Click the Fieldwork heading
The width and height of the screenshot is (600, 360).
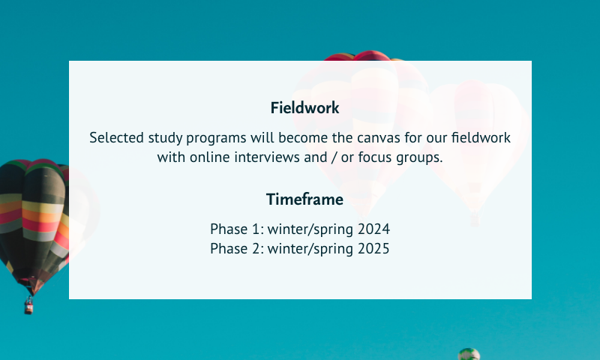tap(304, 108)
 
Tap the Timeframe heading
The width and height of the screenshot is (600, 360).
tap(304, 199)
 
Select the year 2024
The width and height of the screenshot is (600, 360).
tap(373, 229)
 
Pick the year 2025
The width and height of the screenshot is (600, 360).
tap(373, 249)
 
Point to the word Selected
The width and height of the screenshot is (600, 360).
tap(117, 137)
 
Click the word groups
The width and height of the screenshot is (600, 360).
tap(419, 158)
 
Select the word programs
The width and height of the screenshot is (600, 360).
tap(216, 139)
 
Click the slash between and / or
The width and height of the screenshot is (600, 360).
tap(334, 157)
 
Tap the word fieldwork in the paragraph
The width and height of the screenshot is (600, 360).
tap(481, 137)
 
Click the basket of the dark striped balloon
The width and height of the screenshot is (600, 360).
tap(28, 306)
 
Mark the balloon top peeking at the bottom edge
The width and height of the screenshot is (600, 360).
tap(469, 354)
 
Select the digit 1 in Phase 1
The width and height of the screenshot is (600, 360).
tap(256, 229)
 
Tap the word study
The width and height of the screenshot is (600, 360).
tap(165, 139)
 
